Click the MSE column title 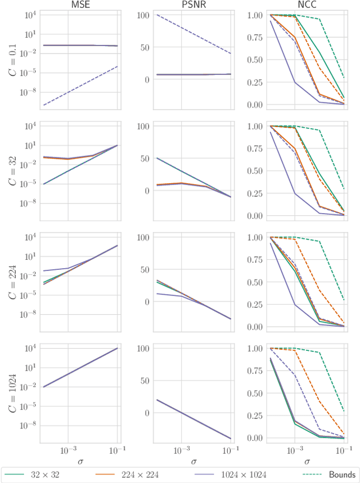79,4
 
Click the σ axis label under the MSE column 79,461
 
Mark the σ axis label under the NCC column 307,461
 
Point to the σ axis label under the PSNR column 193,461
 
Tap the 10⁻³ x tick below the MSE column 68,450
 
